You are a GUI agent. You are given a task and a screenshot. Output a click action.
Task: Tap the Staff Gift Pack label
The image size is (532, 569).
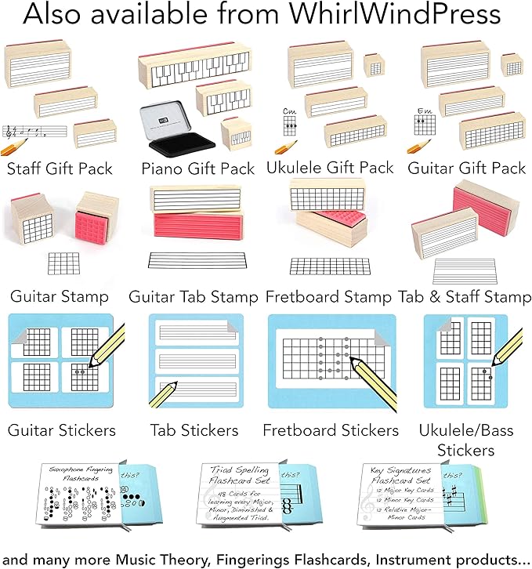pos(60,169)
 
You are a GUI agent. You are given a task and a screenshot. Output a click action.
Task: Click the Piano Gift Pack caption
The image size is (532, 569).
pos(197,169)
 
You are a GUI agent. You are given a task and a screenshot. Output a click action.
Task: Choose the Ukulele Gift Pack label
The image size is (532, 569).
pos(329,168)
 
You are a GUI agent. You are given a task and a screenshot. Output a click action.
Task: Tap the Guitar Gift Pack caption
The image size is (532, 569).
pos(466,168)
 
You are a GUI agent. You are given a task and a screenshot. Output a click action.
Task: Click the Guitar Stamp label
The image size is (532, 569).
pos(60,297)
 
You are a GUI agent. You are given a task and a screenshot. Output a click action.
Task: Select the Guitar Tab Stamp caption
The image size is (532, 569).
pos(194,297)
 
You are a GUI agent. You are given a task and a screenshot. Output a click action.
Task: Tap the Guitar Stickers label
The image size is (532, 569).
pos(62,430)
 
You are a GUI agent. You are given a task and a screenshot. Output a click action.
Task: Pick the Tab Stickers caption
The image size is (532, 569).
pos(194,430)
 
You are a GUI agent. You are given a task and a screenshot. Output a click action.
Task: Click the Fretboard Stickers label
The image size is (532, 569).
pos(331,430)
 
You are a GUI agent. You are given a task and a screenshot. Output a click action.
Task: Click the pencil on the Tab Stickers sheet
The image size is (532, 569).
pos(165,395)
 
